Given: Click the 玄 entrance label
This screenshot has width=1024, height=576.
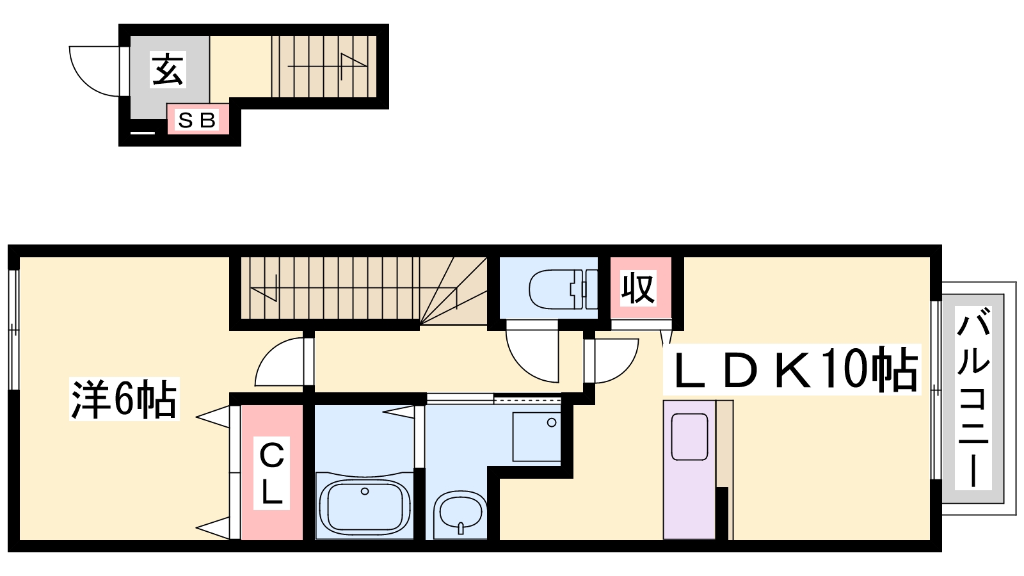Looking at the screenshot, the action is (x=168, y=70).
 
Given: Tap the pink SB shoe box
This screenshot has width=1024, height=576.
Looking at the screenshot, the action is (x=198, y=119).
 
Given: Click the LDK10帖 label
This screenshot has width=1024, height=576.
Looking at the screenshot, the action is (x=792, y=369).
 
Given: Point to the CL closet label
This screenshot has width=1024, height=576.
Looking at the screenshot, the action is (x=271, y=473).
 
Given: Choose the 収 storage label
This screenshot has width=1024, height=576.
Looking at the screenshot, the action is (x=638, y=288).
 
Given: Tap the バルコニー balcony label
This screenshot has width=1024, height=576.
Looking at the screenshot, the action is (x=973, y=398).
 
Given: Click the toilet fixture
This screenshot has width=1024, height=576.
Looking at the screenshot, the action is (x=563, y=289).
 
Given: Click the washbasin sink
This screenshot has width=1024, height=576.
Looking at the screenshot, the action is (x=460, y=512).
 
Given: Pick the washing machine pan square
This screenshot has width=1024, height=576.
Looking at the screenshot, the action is (x=537, y=436).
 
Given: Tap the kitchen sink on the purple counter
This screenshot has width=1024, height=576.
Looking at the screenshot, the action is (x=689, y=436).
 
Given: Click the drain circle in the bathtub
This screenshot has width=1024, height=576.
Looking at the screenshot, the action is (x=364, y=492).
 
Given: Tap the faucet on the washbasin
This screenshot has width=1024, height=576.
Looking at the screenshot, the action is (x=461, y=528).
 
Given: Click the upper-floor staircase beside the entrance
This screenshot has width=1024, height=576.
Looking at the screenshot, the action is (x=324, y=67).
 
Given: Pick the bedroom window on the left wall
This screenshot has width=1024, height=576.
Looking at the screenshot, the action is (x=13, y=330).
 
